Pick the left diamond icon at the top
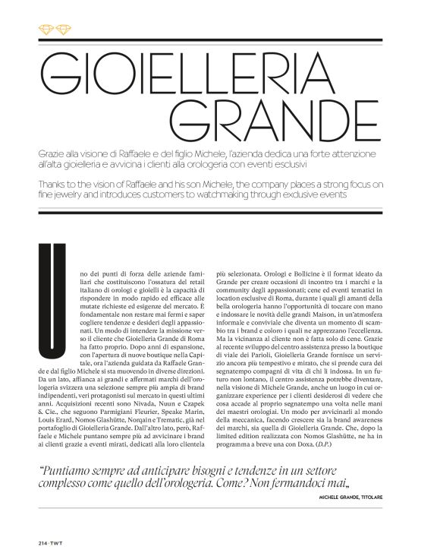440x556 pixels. (45, 30)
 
